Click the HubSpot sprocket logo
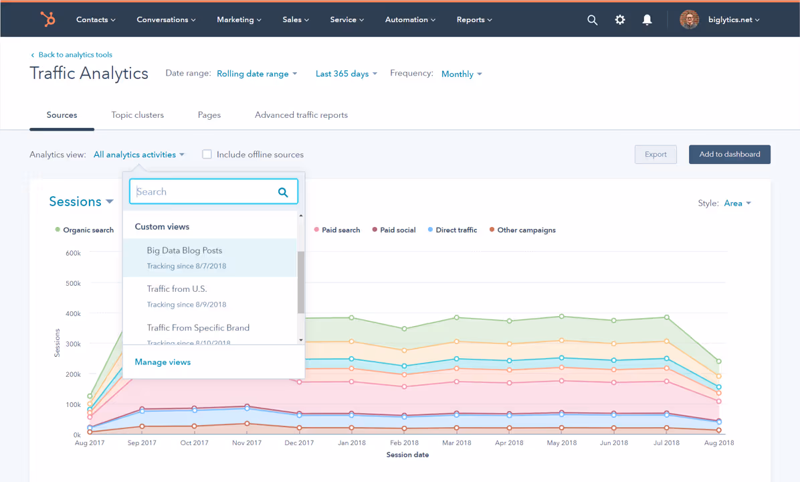point(47,19)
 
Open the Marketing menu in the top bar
point(239,19)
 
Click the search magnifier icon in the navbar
point(592,20)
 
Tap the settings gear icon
point(620,20)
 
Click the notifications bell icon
point(647,20)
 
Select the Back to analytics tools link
point(75,55)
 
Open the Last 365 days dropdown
point(346,74)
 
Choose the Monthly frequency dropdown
point(461,74)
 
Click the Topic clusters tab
point(137,115)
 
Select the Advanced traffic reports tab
point(301,115)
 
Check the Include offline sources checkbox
point(207,155)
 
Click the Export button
point(656,155)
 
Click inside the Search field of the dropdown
point(204,191)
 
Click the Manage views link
point(163,362)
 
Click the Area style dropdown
point(737,203)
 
